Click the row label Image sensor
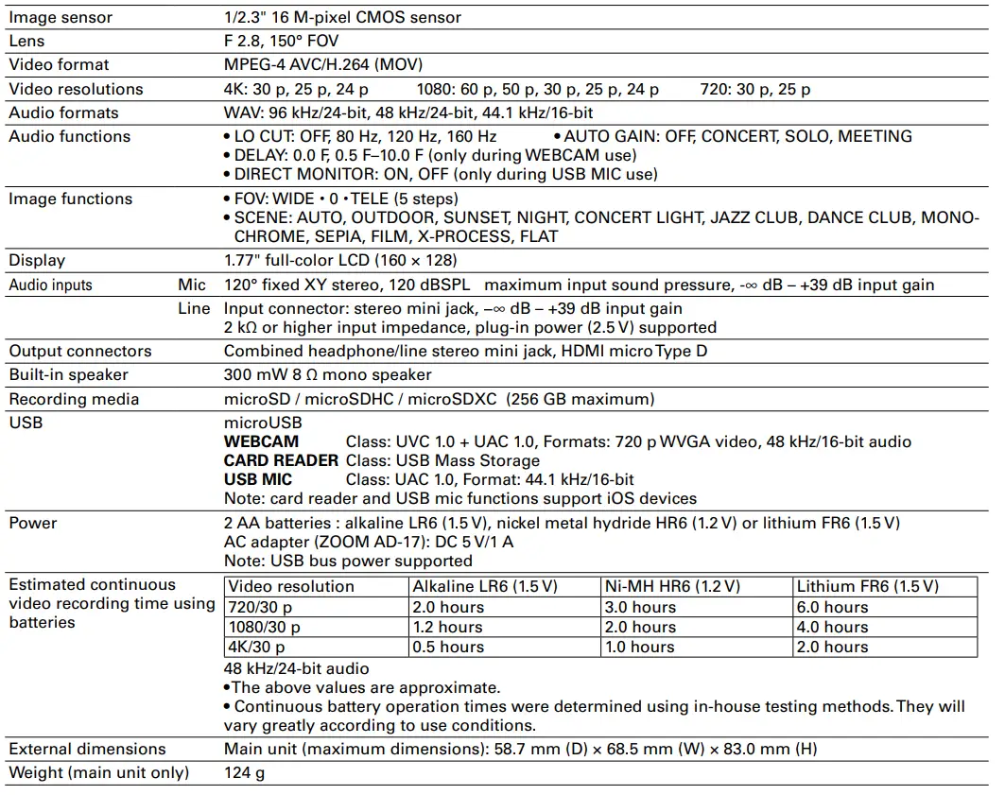(61, 17)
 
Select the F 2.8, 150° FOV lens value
(281, 41)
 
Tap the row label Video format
(59, 64)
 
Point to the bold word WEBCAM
(261, 441)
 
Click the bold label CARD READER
(281, 460)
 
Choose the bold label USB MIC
(258, 479)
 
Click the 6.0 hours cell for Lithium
(832, 607)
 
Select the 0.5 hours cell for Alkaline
(447, 647)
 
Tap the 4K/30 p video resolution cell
(256, 647)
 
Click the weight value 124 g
(244, 772)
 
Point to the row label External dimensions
(87, 749)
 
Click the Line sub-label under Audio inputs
(194, 308)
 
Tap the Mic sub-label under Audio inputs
(191, 285)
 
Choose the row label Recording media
(74, 399)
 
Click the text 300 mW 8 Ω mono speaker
(327, 374)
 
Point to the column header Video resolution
(291, 586)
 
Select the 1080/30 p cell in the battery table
(265, 627)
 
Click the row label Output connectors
(80, 351)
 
